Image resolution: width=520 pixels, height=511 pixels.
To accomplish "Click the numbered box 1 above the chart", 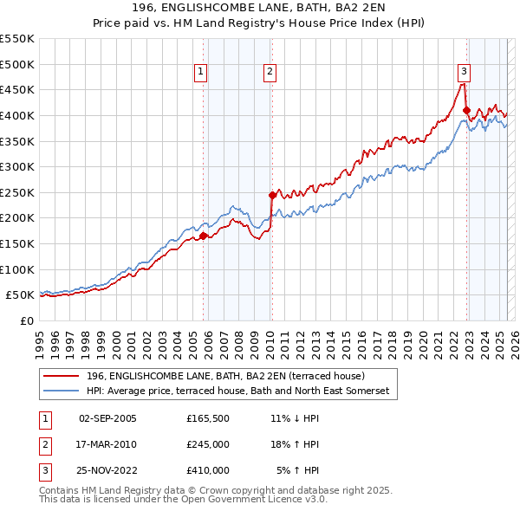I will pos(200,73).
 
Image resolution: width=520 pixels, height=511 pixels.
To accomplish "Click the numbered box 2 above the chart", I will pos(270,73).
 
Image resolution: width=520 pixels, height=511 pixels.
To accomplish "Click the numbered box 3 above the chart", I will pos(465,73).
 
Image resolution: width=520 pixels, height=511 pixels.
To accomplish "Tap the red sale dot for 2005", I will pos(204,235).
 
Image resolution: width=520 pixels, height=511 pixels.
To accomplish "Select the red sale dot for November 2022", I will pos(466,110).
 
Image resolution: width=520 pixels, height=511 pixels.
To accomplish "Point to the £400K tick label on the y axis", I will pos(17,115).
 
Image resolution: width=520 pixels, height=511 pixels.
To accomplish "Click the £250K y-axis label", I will pos(17,192).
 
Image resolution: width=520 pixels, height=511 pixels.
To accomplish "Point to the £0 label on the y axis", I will pos(28,320).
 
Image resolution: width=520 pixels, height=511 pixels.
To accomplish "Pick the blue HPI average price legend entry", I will pos(238,391).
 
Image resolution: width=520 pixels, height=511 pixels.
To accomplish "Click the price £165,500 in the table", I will pos(207,418).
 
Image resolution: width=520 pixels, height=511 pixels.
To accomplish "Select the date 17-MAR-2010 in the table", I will pos(107,444).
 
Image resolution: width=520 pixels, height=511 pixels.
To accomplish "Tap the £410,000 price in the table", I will pos(207,470).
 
